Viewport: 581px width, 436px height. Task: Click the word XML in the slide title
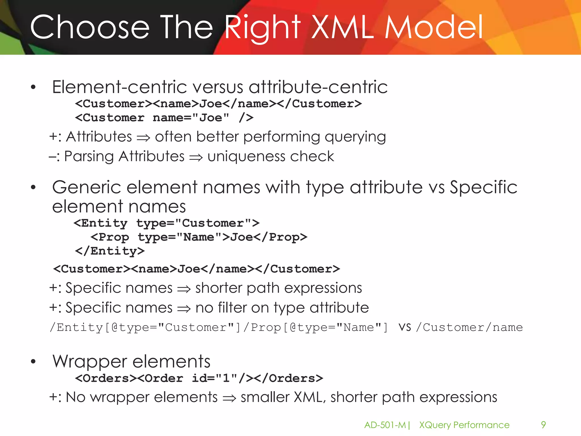342,28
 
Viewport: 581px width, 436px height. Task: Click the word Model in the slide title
434,28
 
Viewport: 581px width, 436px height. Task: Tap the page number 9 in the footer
543,425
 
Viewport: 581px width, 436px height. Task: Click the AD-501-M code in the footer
385,425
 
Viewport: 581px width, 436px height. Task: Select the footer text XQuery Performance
464,425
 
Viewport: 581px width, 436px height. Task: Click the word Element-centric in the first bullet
119,87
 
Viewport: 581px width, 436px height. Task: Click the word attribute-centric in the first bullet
318,87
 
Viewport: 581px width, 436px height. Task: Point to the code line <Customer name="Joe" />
164,118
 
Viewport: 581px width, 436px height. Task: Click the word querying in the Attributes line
355,137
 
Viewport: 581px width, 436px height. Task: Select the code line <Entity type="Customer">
166,223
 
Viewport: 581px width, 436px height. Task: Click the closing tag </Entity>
110,251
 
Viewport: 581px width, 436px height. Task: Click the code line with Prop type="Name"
199,237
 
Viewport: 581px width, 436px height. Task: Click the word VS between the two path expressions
405,328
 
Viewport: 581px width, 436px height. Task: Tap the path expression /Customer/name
470,328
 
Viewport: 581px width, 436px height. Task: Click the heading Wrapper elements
131,362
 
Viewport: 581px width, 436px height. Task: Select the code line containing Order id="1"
199,378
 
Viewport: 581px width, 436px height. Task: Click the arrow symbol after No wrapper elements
229,398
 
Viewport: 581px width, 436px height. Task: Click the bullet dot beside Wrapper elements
33,361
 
